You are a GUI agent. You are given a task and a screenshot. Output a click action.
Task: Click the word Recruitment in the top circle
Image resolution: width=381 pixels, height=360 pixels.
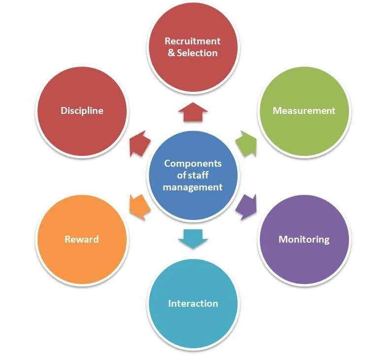pos(192,41)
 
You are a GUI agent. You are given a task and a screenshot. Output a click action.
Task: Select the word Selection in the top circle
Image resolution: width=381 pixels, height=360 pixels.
pos(197,53)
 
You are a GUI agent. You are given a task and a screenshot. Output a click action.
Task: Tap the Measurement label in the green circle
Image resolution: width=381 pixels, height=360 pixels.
pos(304,110)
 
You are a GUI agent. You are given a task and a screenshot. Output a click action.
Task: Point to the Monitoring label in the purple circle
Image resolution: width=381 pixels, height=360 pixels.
pos(304,240)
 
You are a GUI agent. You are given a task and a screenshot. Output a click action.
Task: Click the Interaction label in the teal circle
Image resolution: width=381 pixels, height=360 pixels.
pos(193,303)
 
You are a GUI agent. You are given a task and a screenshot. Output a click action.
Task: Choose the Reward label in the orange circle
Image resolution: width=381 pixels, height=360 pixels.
pos(82,240)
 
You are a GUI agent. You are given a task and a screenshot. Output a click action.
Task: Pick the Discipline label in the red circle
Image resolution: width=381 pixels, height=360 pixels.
pos(82,110)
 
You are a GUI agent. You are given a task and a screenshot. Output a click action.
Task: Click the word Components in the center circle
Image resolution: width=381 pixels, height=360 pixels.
pos(193,164)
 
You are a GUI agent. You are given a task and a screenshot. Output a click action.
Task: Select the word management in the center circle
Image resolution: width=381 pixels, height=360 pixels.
pos(193,187)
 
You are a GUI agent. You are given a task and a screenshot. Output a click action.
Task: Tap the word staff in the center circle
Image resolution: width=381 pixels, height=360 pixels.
pos(199,176)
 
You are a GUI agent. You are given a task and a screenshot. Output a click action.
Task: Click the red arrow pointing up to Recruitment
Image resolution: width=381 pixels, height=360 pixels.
pos(192,112)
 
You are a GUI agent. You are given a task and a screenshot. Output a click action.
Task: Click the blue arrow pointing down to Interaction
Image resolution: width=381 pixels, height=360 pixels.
pos(192,238)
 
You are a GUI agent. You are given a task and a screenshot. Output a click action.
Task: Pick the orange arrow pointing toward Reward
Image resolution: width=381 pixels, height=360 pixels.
pos(139,207)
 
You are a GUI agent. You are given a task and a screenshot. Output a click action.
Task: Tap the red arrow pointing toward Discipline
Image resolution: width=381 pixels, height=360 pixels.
pos(139,144)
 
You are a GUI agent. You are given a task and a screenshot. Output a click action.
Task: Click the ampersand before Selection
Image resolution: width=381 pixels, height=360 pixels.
pos(171,53)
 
